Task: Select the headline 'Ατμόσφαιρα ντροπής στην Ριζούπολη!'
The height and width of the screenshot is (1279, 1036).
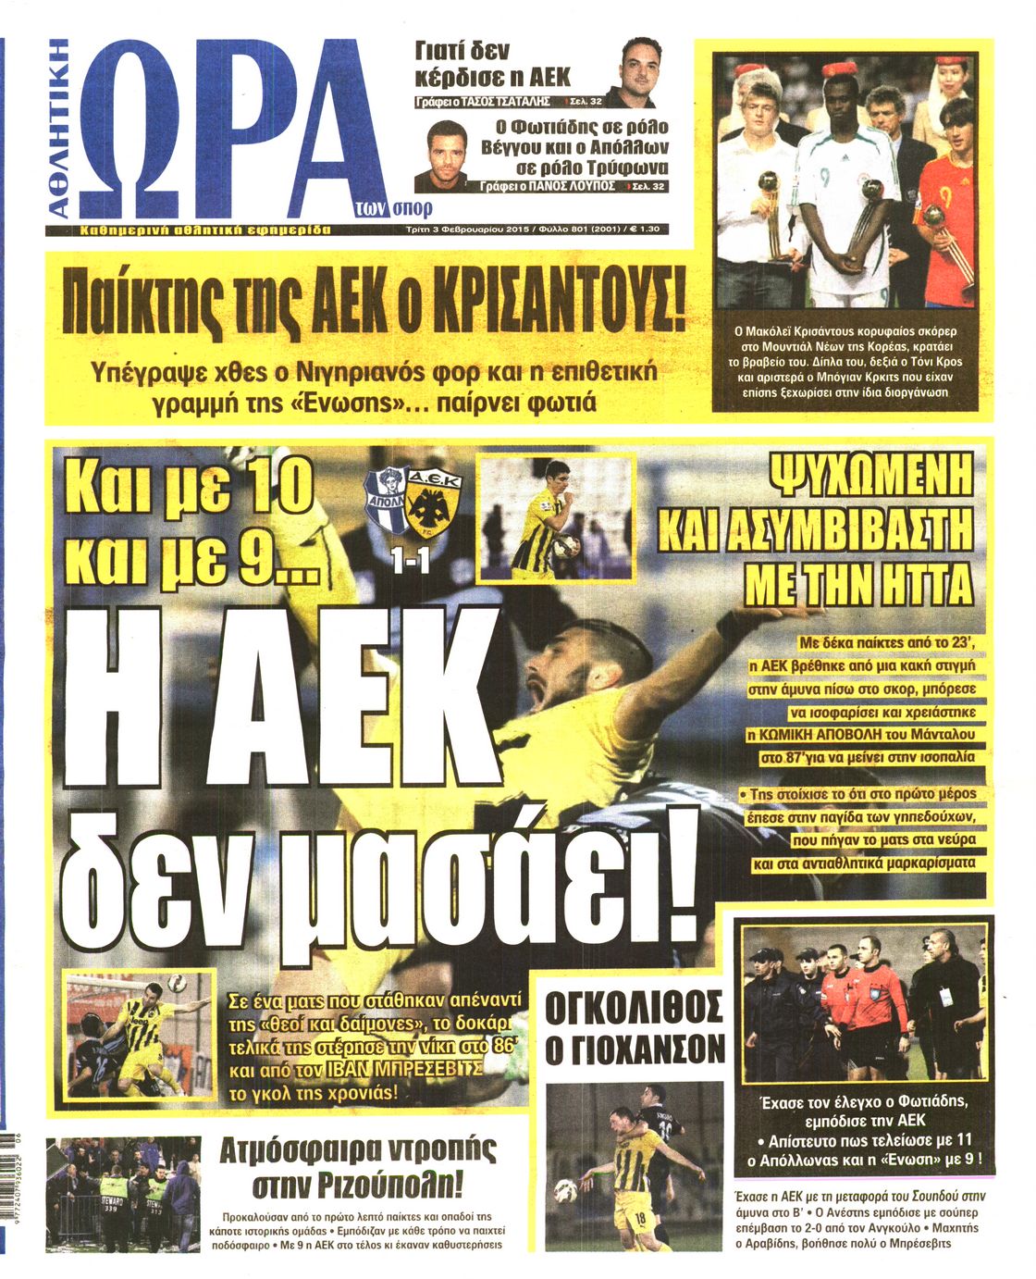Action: [x=357, y=1166]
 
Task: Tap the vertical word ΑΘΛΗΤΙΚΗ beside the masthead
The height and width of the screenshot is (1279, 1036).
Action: [x=59, y=130]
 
